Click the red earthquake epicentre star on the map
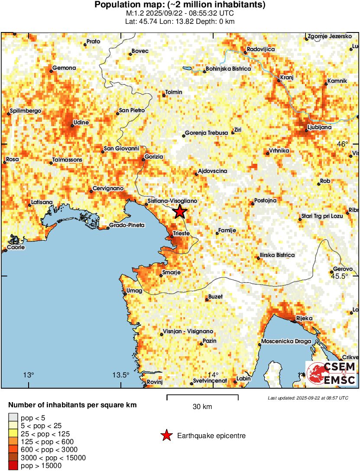(180, 212)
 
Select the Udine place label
(81, 123)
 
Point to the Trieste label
(181, 233)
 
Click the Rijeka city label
(304, 318)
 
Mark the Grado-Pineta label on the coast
(126, 225)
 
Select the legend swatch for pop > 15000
(13, 465)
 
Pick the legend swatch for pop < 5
(13, 418)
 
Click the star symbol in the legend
(166, 435)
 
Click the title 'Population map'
(180, 5)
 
